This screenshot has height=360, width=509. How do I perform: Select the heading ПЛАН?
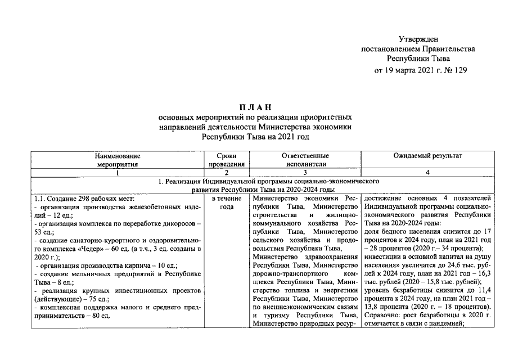click(x=255, y=107)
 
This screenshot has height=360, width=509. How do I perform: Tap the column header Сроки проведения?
click(x=227, y=160)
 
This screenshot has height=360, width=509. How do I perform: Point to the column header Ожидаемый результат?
click(x=428, y=155)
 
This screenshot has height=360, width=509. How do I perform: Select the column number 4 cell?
click(x=428, y=173)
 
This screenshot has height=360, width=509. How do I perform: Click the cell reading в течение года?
click(x=227, y=202)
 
